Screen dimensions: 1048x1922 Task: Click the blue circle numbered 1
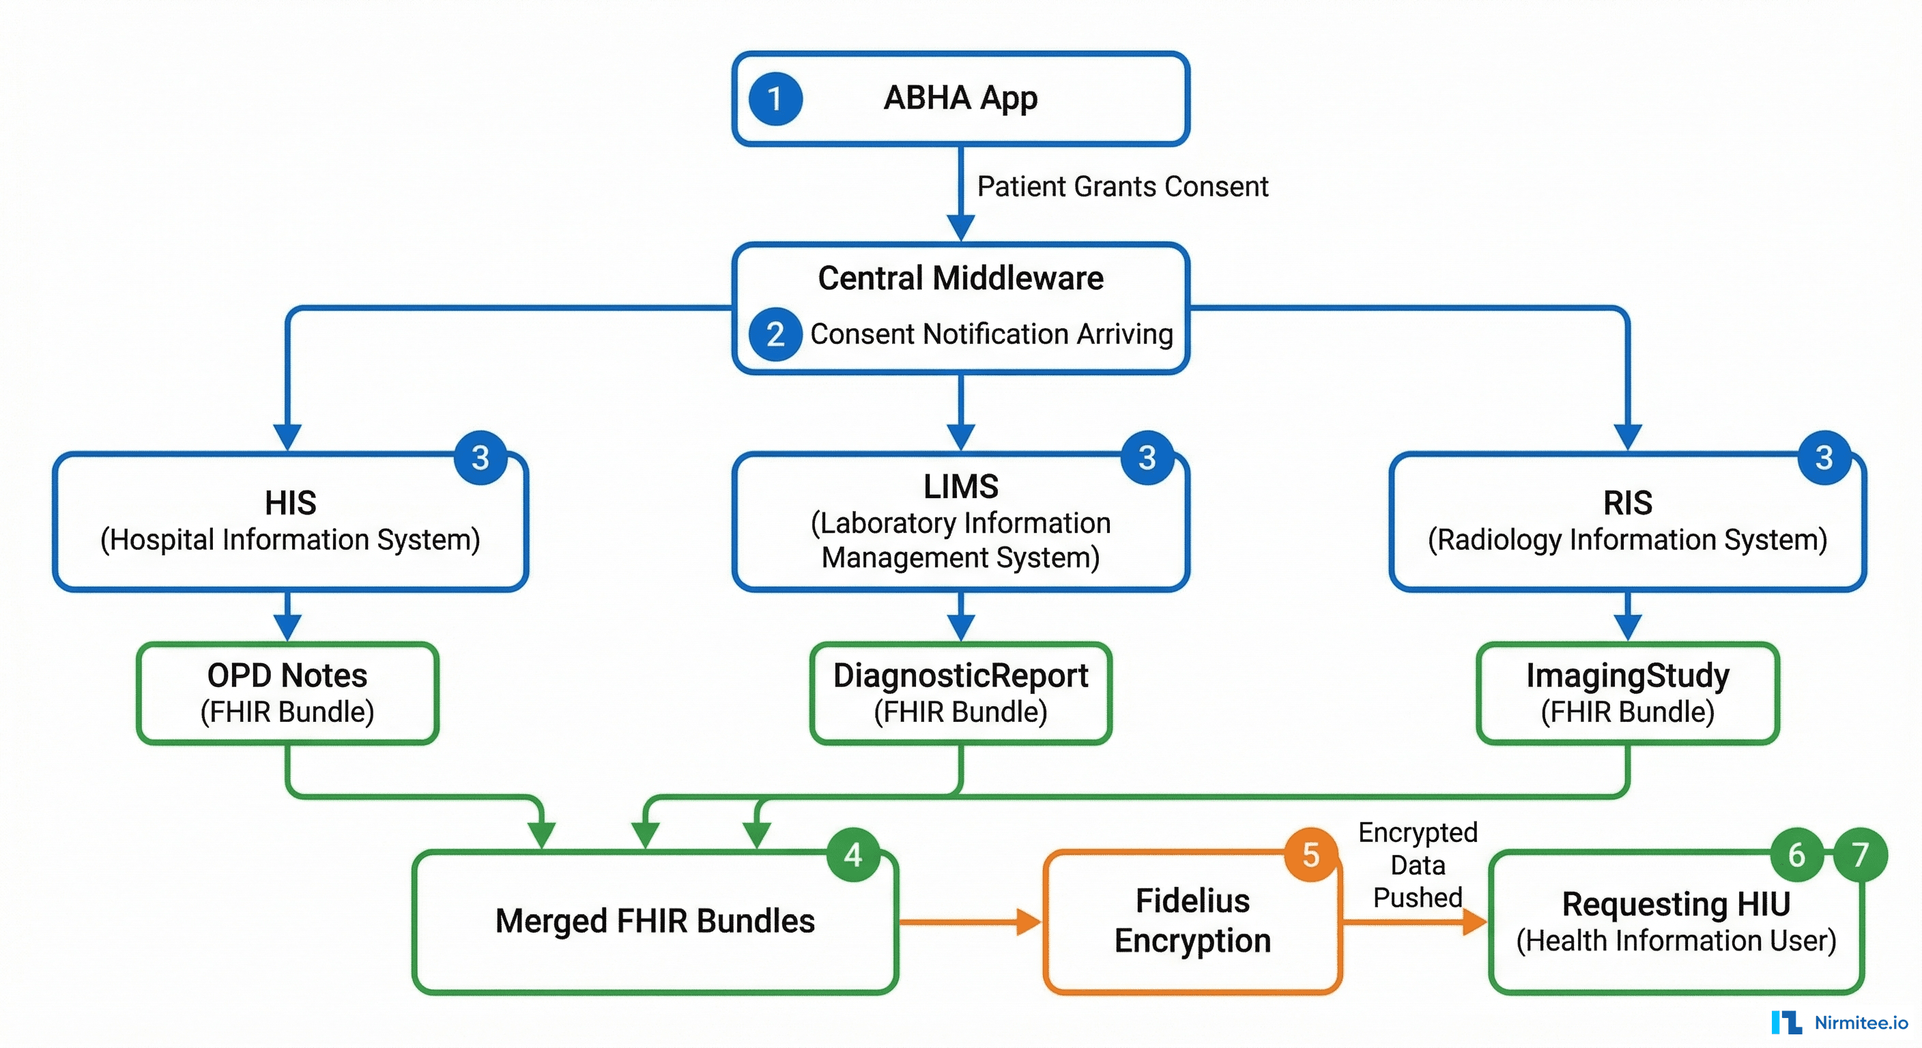pos(775,98)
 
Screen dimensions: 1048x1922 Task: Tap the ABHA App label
pos(960,98)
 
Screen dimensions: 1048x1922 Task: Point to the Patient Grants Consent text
pos(1122,186)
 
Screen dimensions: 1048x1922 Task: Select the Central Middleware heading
pos(960,278)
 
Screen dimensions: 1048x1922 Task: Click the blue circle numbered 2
pos(775,334)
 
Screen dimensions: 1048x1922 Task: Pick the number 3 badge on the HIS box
pos(480,457)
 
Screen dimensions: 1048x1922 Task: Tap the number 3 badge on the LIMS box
pos(1147,457)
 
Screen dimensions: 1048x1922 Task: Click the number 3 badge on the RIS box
pos(1824,457)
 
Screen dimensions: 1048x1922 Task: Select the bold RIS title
pos(1627,503)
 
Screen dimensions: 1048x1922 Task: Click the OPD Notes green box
pos(287,694)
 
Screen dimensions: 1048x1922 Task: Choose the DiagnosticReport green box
pos(960,694)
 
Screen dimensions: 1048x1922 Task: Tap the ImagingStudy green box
pos(1627,694)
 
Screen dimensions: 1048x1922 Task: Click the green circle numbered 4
pos(852,855)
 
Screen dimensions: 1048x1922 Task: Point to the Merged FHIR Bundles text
pos(655,921)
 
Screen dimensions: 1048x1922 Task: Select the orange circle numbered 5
pos(1311,855)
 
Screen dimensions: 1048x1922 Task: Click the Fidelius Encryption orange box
pos(1192,921)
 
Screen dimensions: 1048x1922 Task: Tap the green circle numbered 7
pos(1860,855)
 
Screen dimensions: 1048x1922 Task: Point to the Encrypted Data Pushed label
pos(1417,865)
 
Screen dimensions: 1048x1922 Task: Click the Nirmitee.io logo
pos(1839,1023)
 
